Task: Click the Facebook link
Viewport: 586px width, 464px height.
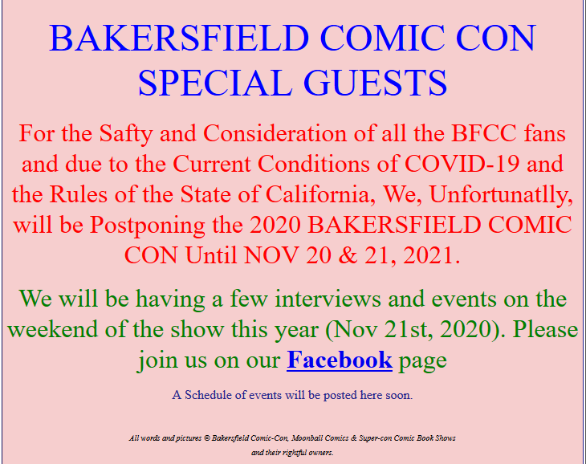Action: click(x=340, y=360)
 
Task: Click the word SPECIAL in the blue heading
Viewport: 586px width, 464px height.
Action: click(x=215, y=83)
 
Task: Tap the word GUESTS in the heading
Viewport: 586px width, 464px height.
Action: click(x=375, y=83)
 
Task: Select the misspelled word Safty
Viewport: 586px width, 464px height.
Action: click(x=126, y=134)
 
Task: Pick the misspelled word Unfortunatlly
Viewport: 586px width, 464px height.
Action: click(x=501, y=195)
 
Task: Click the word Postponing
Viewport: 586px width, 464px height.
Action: click(x=147, y=226)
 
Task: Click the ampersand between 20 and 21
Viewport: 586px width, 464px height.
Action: click(x=348, y=255)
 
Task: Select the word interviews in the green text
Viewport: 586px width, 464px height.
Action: click(x=328, y=299)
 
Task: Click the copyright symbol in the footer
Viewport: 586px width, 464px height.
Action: click(x=206, y=438)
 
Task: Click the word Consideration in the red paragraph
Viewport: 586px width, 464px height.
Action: click(x=275, y=133)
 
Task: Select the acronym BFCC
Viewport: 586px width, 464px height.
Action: click(x=484, y=133)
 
